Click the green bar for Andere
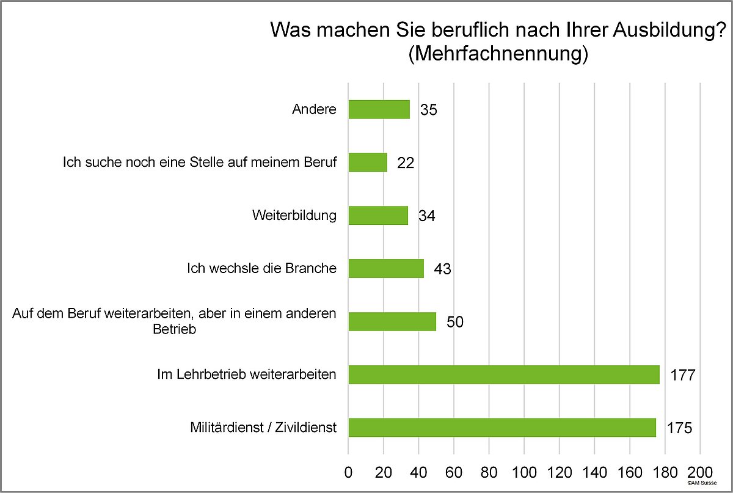[379, 109]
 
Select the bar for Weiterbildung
[378, 216]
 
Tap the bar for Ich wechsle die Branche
[386, 269]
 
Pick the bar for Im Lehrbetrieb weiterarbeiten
[503, 374]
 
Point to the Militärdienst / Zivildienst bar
[501, 428]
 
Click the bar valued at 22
[368, 163]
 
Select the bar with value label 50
[392, 321]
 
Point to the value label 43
[442, 269]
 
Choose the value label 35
[429, 111]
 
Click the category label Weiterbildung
[294, 216]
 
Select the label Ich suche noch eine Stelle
[200, 163]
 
